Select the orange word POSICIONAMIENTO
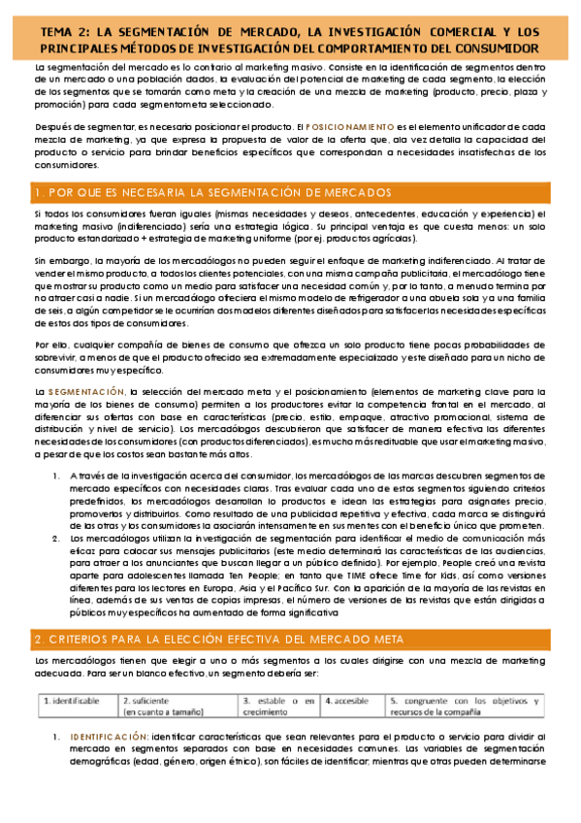(351, 127)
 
